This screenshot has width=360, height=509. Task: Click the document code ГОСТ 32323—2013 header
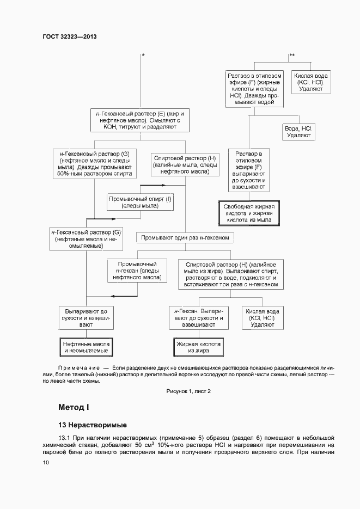point(69,36)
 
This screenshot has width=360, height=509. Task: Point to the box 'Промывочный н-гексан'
point(137,270)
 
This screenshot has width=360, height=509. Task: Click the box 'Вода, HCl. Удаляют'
point(298,131)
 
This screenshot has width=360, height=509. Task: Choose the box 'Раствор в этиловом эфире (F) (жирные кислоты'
point(255,88)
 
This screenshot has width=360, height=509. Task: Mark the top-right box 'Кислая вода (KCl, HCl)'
point(310,82)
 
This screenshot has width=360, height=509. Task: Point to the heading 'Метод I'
point(73,407)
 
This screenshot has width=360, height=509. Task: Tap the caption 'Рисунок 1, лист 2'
point(188,391)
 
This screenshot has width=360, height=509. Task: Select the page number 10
point(46,462)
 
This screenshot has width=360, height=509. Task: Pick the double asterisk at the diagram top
point(291,55)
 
